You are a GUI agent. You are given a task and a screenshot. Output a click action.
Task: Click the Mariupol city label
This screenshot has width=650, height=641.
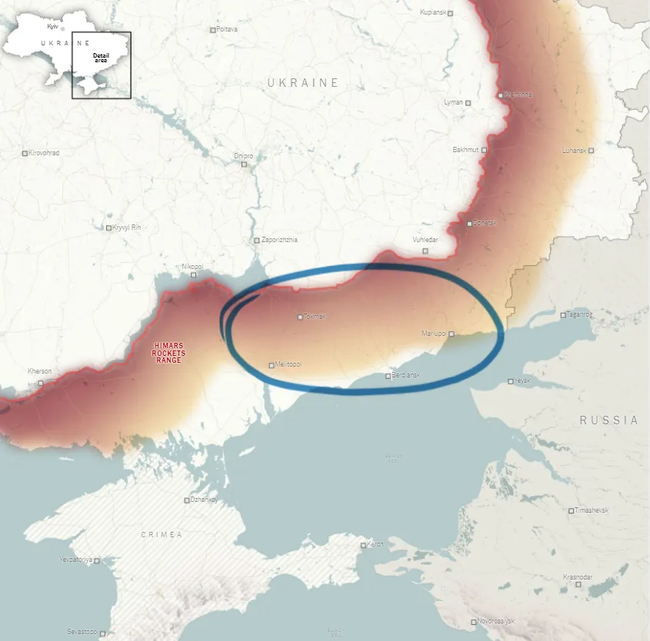(x=433, y=334)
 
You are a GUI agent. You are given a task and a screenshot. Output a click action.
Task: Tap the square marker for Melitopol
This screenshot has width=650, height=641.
(x=272, y=365)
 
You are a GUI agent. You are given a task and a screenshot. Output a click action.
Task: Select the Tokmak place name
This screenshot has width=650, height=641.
(x=315, y=317)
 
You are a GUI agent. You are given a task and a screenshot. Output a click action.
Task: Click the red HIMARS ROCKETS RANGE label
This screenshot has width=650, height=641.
(x=168, y=353)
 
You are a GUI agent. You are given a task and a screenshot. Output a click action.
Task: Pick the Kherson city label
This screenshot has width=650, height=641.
(x=39, y=371)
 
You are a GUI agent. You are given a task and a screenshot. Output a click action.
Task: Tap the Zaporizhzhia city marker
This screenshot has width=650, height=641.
(x=257, y=241)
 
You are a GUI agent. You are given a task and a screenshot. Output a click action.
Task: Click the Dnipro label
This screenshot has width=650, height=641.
(x=242, y=156)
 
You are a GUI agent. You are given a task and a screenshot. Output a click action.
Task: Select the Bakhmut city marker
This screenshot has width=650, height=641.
(x=484, y=150)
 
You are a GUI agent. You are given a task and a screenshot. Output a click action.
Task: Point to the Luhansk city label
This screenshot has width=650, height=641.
(x=574, y=150)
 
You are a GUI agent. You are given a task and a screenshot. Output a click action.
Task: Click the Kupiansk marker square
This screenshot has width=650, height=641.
(x=451, y=13)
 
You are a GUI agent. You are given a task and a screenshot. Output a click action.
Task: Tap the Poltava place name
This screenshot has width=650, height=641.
(x=228, y=29)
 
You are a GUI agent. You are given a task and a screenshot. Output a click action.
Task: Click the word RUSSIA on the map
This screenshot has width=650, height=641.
(x=608, y=420)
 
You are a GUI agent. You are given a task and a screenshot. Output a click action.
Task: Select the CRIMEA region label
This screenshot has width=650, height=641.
(x=162, y=534)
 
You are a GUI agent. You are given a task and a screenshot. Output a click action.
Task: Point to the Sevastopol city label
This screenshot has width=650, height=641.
(x=82, y=632)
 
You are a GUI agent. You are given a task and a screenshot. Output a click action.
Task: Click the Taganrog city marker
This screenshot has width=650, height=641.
(x=563, y=315)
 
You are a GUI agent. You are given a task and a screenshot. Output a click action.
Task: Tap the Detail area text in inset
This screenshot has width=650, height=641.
(x=101, y=58)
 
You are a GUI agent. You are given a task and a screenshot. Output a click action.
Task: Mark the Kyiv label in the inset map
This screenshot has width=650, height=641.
(x=52, y=26)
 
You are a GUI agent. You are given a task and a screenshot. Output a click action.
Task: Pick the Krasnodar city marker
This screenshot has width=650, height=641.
(x=578, y=585)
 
